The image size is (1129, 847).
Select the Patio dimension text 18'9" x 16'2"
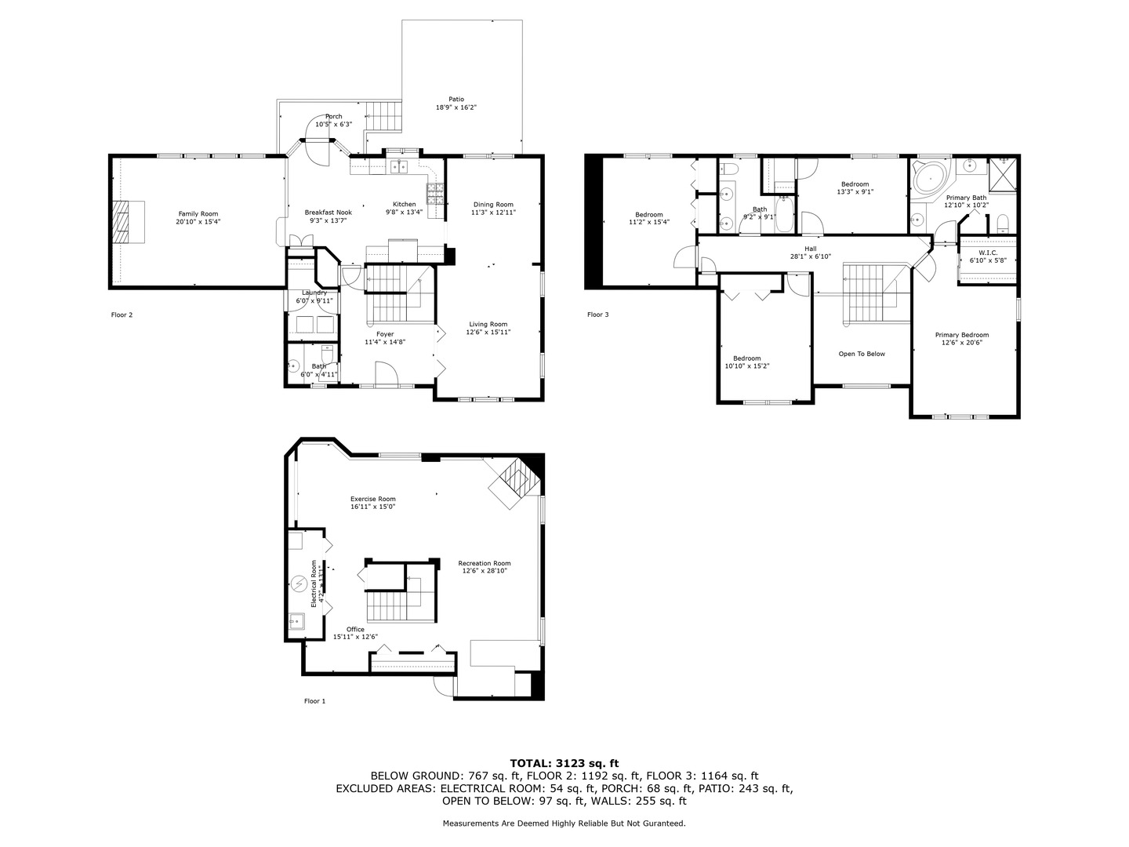tap(456, 107)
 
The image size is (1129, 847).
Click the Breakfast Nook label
tap(328, 213)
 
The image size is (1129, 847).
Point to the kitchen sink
tap(399, 166)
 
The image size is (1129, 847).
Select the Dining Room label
tap(493, 205)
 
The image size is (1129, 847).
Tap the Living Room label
tap(488, 324)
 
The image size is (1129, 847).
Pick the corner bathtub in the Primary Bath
tap(930, 178)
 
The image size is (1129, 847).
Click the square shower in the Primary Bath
tap(1003, 174)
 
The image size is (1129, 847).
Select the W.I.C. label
tap(987, 253)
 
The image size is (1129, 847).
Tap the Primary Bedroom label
tap(961, 335)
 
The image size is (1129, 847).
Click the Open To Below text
tap(862, 354)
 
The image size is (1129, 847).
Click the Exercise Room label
tap(372, 499)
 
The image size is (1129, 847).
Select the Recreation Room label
tap(485, 563)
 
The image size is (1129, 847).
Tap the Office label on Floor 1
tap(355, 629)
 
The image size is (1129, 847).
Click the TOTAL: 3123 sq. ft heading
tap(564, 762)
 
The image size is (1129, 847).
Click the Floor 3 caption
tap(597, 314)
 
